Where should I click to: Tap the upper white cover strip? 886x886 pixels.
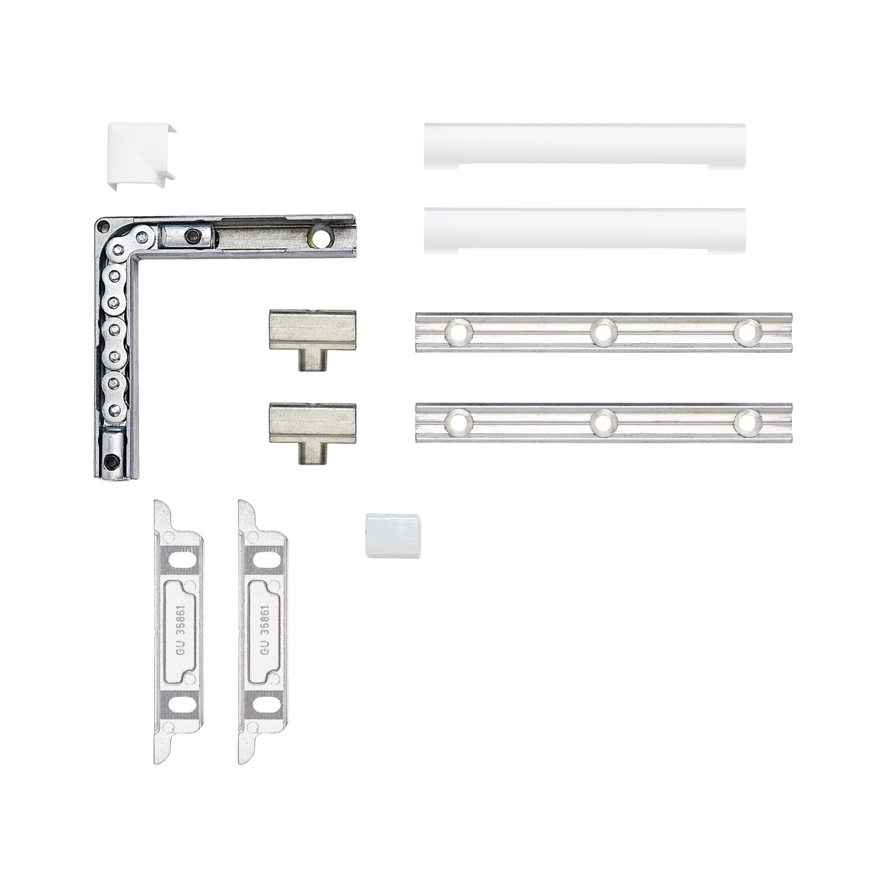[x=585, y=146]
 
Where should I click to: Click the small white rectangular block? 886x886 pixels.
[x=393, y=536]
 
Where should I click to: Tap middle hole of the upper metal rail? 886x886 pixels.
[x=603, y=331]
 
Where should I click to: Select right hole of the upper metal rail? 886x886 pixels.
[x=747, y=331]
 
